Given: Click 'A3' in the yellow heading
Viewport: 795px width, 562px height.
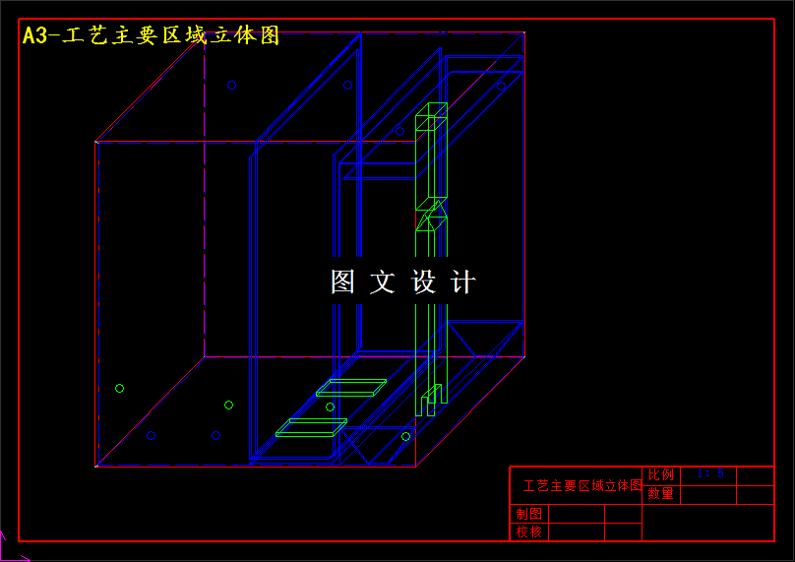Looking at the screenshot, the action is pyautogui.click(x=34, y=35).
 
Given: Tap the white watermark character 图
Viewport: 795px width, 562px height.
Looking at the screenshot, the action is pyautogui.click(x=342, y=282).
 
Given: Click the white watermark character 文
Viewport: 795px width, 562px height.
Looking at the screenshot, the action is pyautogui.click(x=383, y=282).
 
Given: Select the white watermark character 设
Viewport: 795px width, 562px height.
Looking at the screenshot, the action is pyautogui.click(x=423, y=282).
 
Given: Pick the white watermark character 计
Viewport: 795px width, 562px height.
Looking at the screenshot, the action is pyautogui.click(x=462, y=282).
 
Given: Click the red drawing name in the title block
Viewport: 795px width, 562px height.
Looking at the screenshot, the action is pyautogui.click(x=581, y=486).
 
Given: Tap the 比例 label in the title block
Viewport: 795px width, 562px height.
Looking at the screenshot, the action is pyautogui.click(x=660, y=475).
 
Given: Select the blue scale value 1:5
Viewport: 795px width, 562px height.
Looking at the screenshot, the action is pyautogui.click(x=709, y=473).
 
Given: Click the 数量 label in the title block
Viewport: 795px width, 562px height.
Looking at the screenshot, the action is pyautogui.click(x=660, y=494).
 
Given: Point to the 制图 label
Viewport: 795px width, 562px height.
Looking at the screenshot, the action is pyautogui.click(x=528, y=514).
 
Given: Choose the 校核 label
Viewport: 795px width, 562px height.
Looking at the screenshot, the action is pyautogui.click(x=528, y=531).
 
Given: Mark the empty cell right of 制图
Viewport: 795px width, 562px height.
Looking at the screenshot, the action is pyautogui.click(x=577, y=514).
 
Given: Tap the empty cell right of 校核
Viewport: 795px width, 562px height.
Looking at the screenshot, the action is pyautogui.click(x=577, y=531).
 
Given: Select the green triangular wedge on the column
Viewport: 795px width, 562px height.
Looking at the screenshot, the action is pyautogui.click(x=429, y=218).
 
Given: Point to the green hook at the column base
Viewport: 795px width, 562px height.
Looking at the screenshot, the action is pyautogui.click(x=431, y=400).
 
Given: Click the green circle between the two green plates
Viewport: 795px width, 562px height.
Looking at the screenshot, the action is pyautogui.click(x=330, y=406).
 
